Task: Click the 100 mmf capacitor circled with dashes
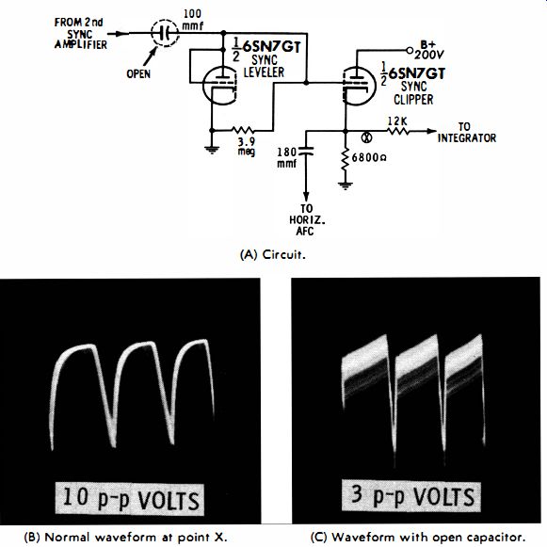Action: [165, 33]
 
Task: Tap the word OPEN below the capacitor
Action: [138, 74]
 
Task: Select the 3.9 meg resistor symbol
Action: [243, 131]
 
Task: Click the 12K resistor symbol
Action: [397, 131]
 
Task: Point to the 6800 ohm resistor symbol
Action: [346, 159]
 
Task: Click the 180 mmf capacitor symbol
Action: [306, 151]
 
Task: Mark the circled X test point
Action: [366, 138]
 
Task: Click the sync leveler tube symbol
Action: [219, 85]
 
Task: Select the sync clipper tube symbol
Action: [359, 86]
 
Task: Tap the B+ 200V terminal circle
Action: [410, 51]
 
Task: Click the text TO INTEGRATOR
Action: [467, 133]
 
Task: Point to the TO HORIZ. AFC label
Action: [307, 219]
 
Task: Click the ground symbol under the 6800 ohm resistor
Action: [346, 185]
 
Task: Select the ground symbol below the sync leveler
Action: [212, 150]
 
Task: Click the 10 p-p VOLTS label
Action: [129, 498]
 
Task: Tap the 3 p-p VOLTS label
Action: [410, 496]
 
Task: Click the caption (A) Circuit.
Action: [273, 254]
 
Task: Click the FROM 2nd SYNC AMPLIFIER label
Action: [80, 34]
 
